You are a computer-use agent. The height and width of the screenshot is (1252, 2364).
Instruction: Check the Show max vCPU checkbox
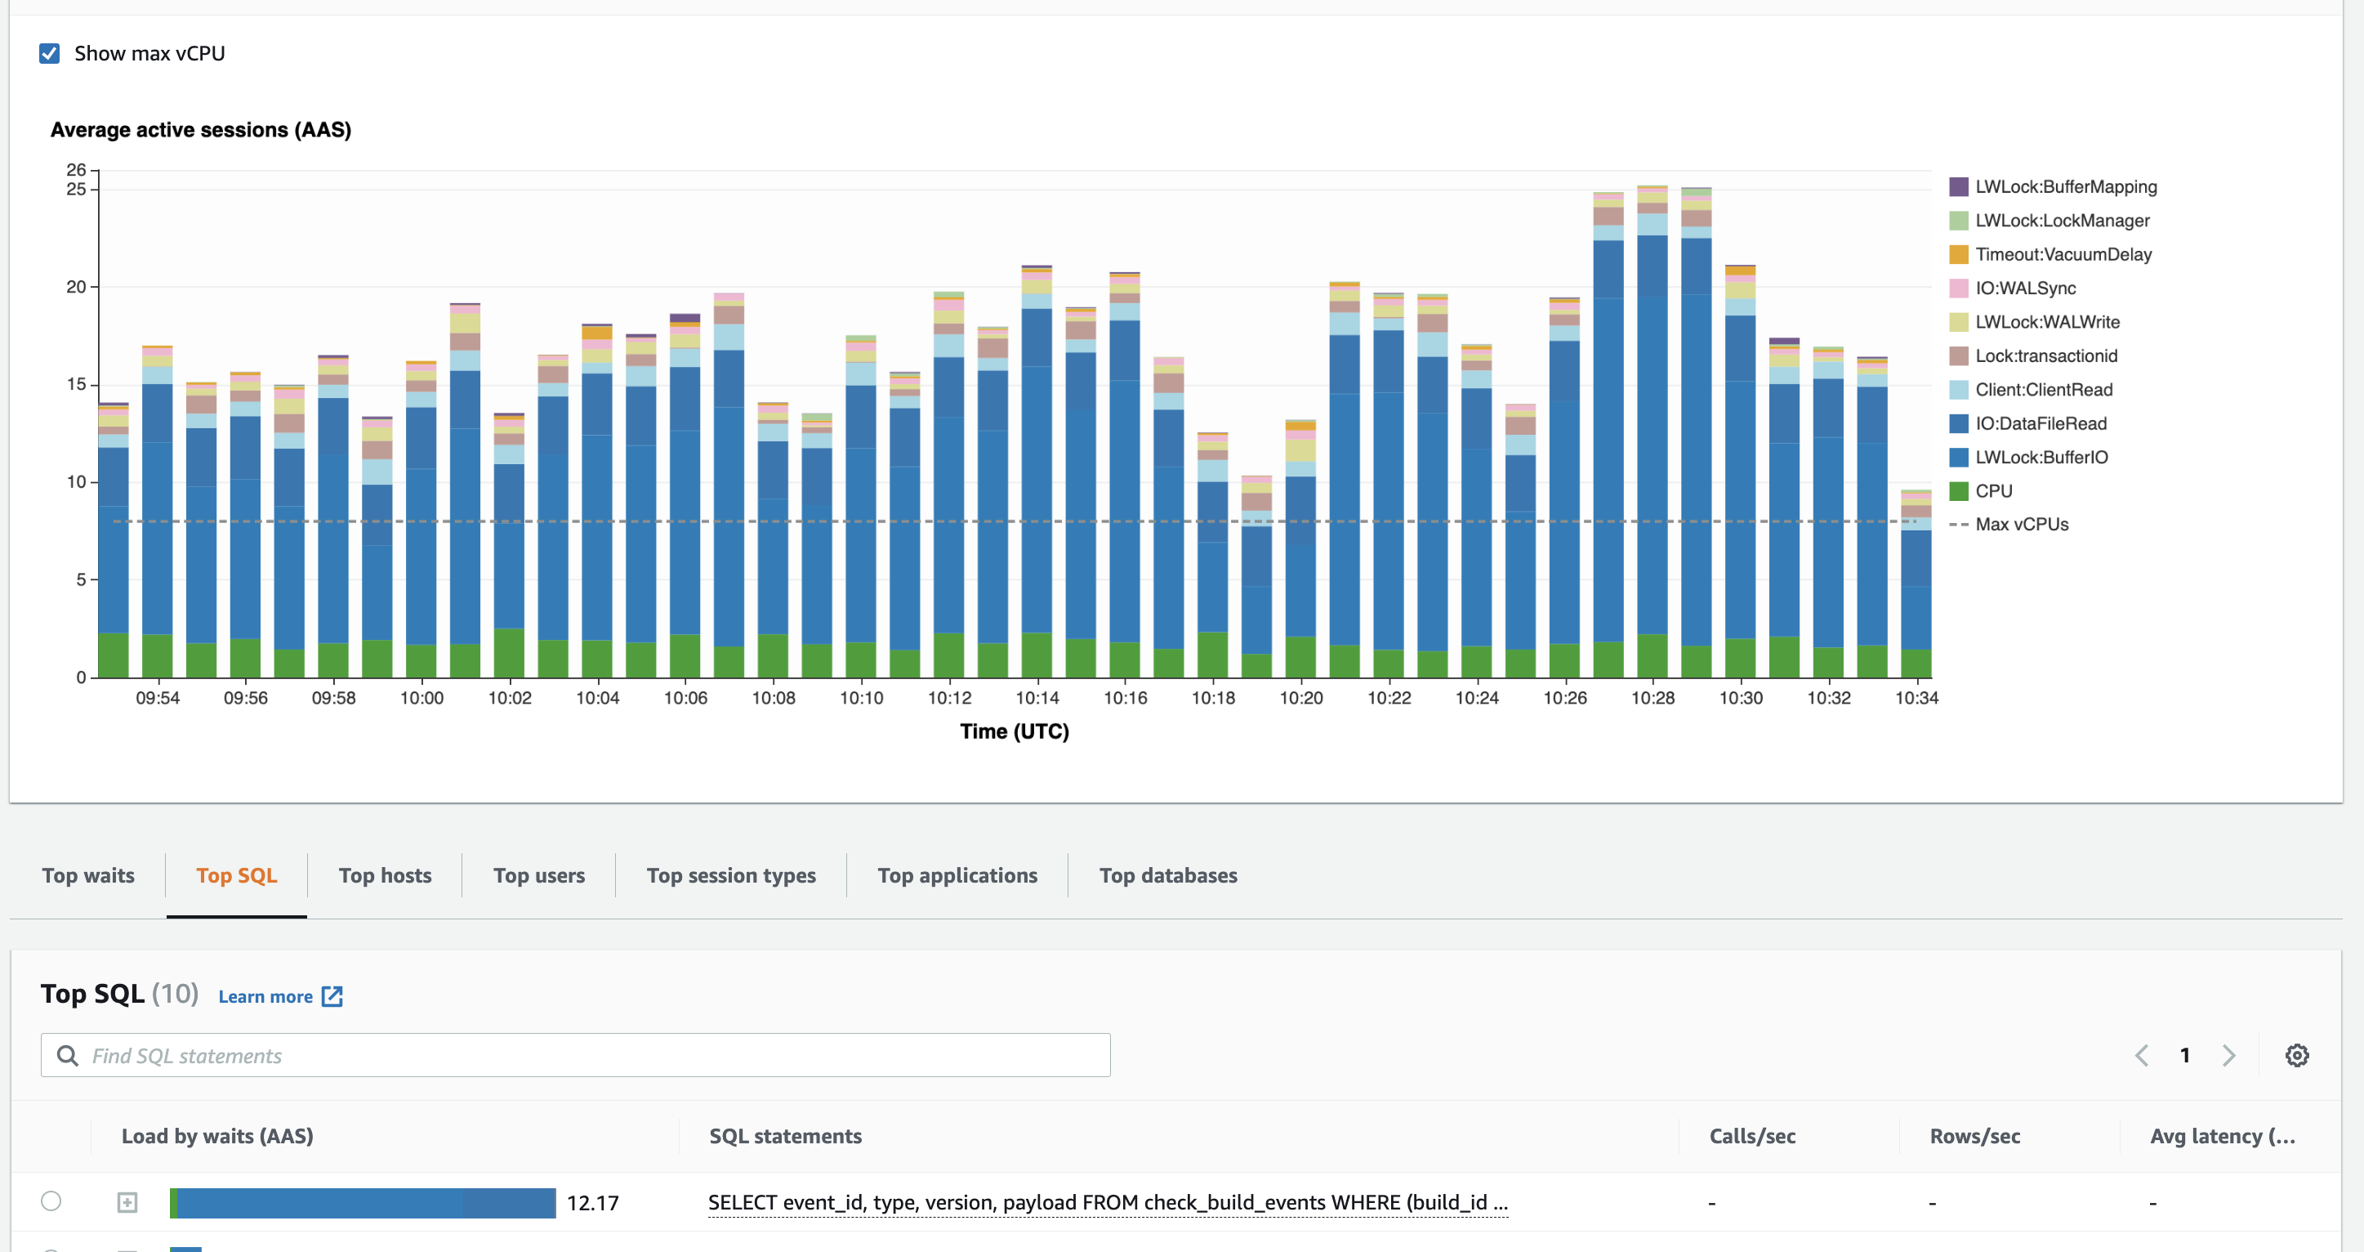coord(50,53)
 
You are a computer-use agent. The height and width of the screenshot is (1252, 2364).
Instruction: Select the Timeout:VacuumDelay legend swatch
coord(1958,254)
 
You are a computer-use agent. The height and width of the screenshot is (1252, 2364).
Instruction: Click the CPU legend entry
coord(1993,491)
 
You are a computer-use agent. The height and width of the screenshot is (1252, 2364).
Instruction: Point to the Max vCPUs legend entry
coord(2021,524)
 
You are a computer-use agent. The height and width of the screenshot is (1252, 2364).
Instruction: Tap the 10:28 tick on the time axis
coord(1652,698)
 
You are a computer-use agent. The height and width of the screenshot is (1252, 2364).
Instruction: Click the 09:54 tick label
coord(158,698)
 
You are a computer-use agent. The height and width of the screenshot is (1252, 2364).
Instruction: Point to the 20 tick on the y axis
coord(76,286)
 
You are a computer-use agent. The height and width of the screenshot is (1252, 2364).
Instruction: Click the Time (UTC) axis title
coord(1014,731)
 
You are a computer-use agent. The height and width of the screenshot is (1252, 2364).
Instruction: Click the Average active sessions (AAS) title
coord(201,130)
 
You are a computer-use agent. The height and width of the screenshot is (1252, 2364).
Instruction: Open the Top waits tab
coord(88,876)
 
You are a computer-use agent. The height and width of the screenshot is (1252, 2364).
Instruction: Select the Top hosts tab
coord(385,876)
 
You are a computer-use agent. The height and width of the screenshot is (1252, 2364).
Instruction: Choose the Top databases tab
coord(1167,876)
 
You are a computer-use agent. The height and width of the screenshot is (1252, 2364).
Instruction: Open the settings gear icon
coord(2296,1056)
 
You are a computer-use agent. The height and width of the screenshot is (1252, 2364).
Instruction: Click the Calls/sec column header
coord(1752,1136)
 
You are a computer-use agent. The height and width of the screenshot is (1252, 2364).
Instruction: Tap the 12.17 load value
coord(593,1203)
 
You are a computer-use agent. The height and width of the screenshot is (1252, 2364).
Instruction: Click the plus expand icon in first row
coord(127,1202)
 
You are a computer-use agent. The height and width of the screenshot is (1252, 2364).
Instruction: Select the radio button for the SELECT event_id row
coord(51,1201)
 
